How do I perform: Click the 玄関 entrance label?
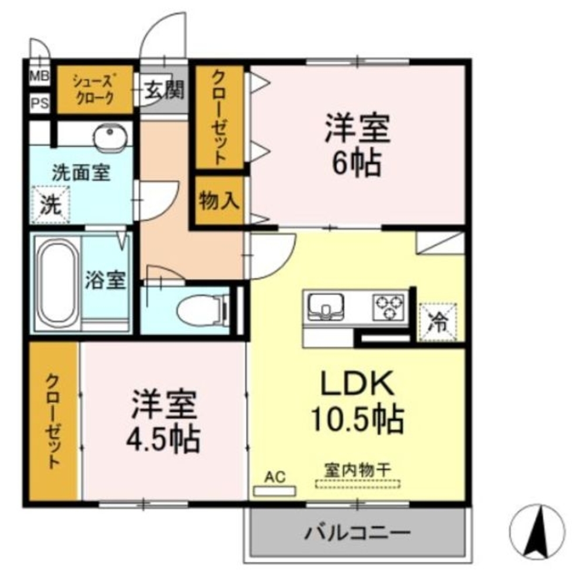tap(164, 90)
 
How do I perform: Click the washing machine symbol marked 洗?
tap(51, 204)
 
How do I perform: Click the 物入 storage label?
tap(218, 201)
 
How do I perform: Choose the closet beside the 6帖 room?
tap(219, 117)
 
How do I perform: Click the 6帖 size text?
tap(357, 164)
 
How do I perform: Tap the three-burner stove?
tap(389, 305)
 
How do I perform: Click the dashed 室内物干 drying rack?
tap(358, 484)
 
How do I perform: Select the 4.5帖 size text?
tap(164, 438)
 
